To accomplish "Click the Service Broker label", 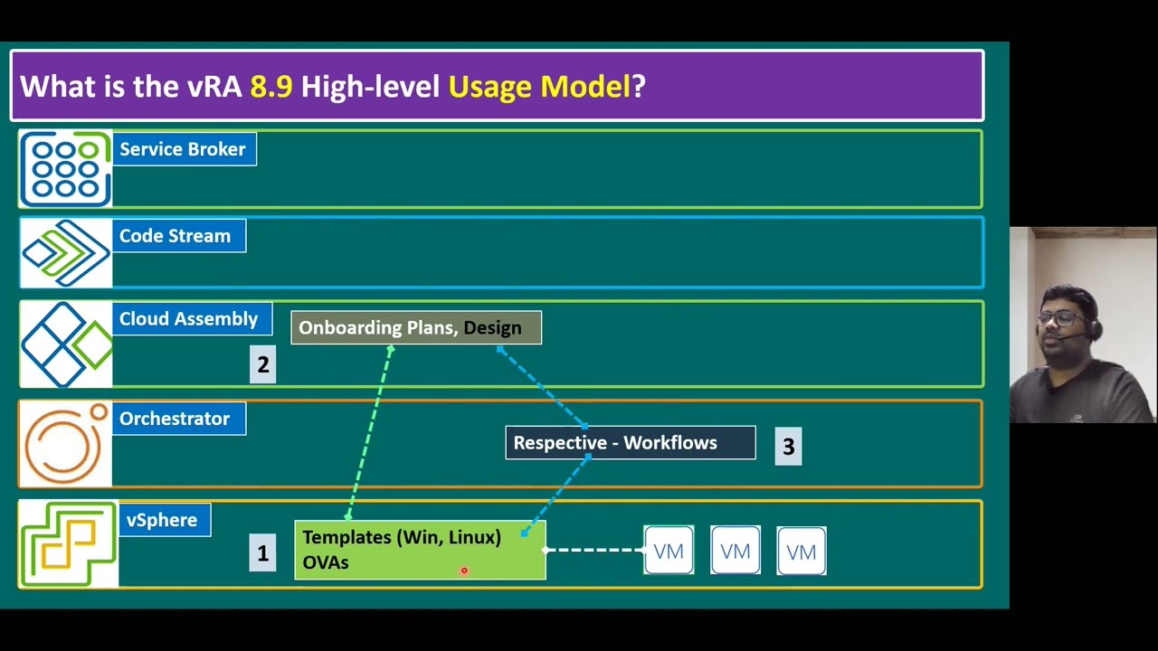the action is click(x=185, y=149).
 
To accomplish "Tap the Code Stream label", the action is click(x=179, y=236).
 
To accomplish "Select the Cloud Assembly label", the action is click(x=193, y=319).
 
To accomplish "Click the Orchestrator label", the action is click(x=179, y=419).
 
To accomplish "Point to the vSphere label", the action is click(x=165, y=520).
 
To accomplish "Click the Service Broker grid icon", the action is click(x=66, y=169).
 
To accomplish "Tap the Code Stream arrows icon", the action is click(x=66, y=252).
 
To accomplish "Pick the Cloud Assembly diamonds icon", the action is click(x=66, y=344).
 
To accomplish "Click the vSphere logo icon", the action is click(x=69, y=544).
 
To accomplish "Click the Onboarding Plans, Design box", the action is click(x=416, y=327).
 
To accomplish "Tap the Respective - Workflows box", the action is click(x=631, y=443).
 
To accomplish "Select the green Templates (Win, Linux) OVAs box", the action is click(x=420, y=550).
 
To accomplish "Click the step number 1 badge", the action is click(x=262, y=552).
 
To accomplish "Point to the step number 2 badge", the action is click(x=262, y=364).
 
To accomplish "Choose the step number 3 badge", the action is click(x=788, y=447).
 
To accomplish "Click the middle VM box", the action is click(x=736, y=551).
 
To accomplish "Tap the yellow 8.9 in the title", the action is click(x=271, y=86).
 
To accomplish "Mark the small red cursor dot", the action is click(x=464, y=571).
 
